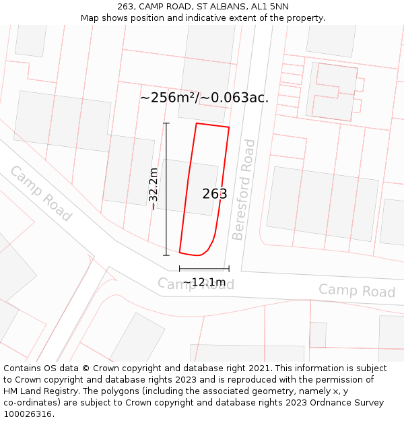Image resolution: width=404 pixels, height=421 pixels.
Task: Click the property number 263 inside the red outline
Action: (215, 194)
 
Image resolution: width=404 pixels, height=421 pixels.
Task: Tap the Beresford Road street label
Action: (243, 189)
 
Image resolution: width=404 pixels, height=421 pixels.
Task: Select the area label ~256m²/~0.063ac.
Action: (204, 98)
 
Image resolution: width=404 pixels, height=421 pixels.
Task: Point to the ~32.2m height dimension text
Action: (154, 189)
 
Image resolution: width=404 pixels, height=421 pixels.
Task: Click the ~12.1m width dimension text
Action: (204, 282)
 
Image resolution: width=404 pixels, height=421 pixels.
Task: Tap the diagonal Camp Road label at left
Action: (40, 193)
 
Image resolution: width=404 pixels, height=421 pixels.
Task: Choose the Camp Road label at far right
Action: (356, 291)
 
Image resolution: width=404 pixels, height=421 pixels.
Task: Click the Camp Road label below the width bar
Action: (196, 284)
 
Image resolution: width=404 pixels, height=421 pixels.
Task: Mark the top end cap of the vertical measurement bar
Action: (166, 123)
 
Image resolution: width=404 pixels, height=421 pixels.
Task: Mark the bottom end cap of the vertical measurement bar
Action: (166, 255)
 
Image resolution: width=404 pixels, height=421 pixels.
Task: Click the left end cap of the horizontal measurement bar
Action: (180, 268)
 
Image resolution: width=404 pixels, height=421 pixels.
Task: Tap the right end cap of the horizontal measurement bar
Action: (229, 268)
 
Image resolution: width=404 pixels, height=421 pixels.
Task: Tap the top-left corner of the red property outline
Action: (196, 123)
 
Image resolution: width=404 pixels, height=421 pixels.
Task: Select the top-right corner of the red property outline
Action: (229, 127)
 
